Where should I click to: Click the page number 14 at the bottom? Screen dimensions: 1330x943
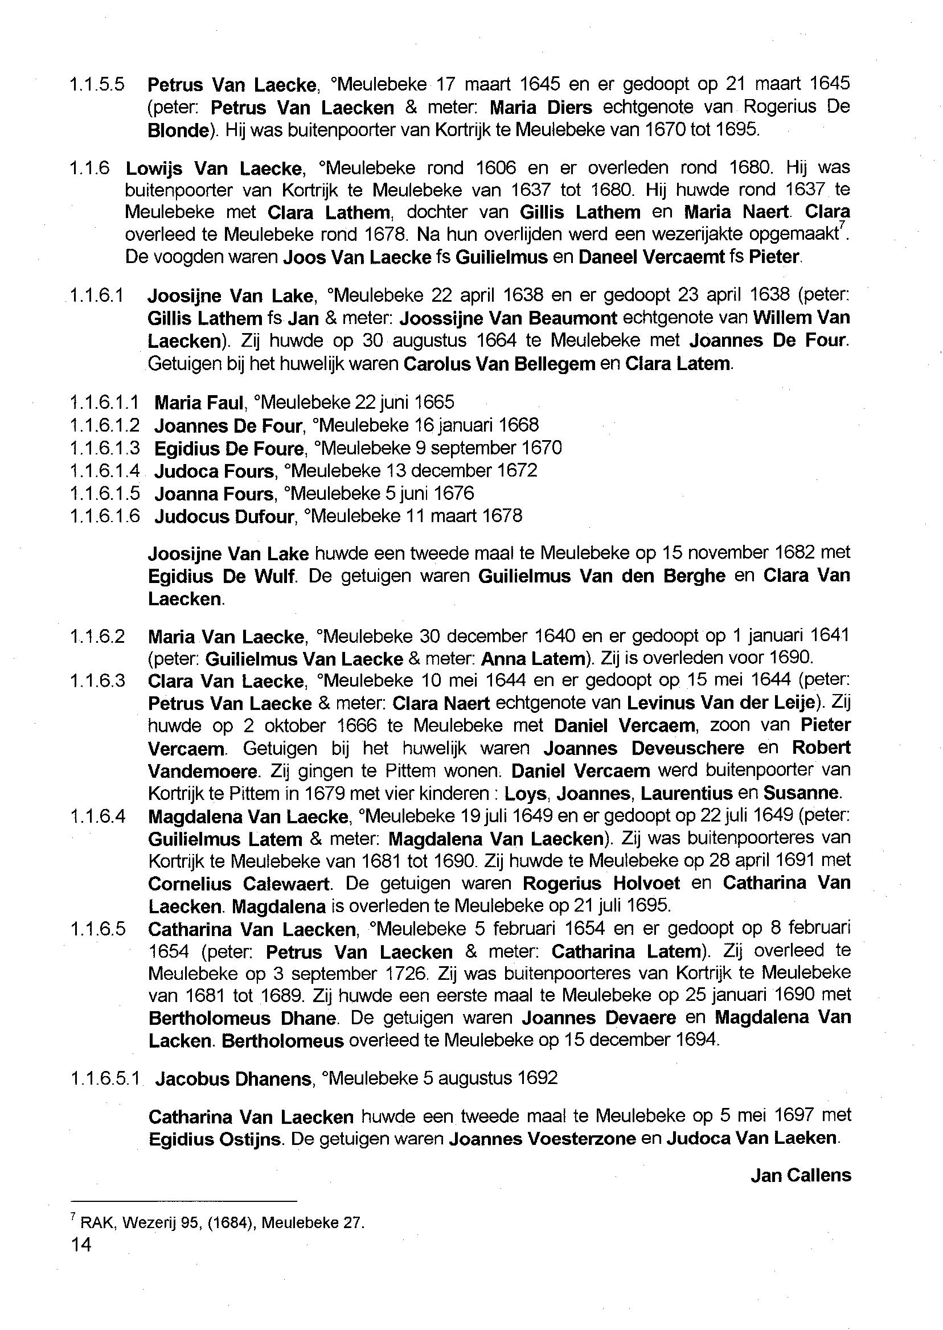(x=81, y=1244)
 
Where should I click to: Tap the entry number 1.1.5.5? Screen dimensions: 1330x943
(x=96, y=85)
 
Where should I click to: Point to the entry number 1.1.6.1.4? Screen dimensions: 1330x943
(x=105, y=471)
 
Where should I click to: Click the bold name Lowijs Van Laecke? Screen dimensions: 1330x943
(x=214, y=169)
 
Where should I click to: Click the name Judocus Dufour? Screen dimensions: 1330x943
(x=224, y=516)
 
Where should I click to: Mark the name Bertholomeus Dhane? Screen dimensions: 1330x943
(x=243, y=1018)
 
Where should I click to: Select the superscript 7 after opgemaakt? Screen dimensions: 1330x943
(x=842, y=227)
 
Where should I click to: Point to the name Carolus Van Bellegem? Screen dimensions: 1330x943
(x=499, y=364)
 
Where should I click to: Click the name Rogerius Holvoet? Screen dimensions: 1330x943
(x=601, y=884)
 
